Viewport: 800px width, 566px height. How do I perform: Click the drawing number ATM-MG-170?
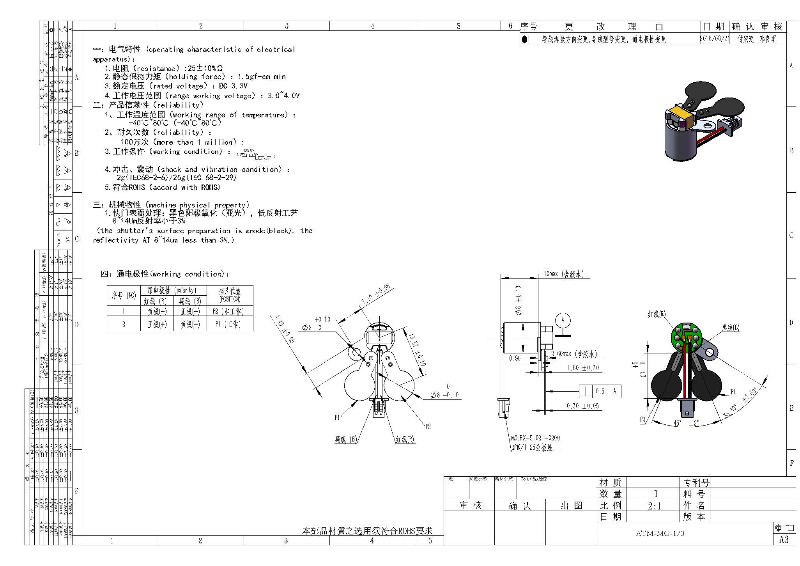(x=660, y=533)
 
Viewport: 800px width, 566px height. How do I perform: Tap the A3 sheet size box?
(x=784, y=539)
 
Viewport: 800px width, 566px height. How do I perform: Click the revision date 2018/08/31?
(x=715, y=39)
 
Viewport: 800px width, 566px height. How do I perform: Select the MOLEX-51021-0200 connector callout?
(x=536, y=438)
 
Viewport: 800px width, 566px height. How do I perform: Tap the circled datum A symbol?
(x=563, y=320)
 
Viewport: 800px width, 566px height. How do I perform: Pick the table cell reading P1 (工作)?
(x=230, y=324)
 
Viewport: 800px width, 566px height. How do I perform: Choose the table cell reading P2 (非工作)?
(x=230, y=311)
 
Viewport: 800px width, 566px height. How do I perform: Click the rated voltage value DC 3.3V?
(x=235, y=86)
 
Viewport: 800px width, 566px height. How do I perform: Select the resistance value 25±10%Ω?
(x=205, y=68)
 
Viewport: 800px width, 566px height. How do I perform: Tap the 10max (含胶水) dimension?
(x=563, y=274)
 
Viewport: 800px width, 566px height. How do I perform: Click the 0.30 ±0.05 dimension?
(x=582, y=406)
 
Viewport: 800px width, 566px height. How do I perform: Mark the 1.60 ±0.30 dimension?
(x=582, y=367)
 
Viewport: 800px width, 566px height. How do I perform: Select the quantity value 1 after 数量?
(x=656, y=494)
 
